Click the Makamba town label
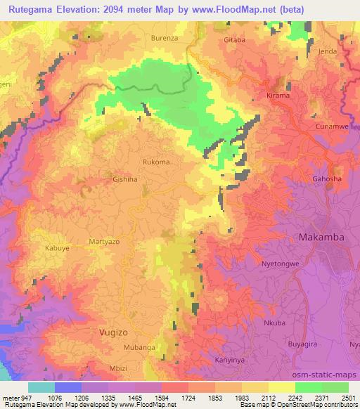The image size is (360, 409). pos(321,238)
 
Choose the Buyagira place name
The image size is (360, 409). pos(304,345)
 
